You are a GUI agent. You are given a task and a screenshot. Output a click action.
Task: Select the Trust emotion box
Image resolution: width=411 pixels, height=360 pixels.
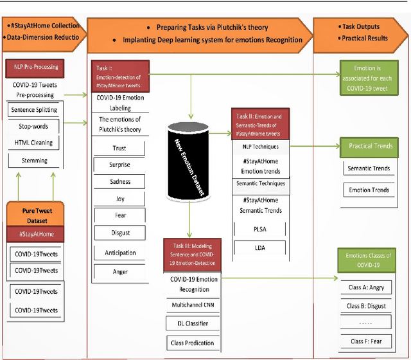(120, 148)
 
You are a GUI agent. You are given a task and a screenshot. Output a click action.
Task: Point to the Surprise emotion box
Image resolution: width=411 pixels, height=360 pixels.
(120, 165)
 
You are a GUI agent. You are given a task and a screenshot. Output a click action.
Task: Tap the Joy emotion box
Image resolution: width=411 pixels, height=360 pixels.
(120, 199)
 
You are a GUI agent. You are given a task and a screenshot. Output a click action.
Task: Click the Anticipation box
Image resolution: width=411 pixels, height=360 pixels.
(120, 253)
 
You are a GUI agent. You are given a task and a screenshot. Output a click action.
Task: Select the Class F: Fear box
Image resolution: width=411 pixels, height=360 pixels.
(369, 340)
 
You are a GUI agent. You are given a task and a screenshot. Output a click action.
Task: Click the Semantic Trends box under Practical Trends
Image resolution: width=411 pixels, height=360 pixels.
(369, 169)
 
